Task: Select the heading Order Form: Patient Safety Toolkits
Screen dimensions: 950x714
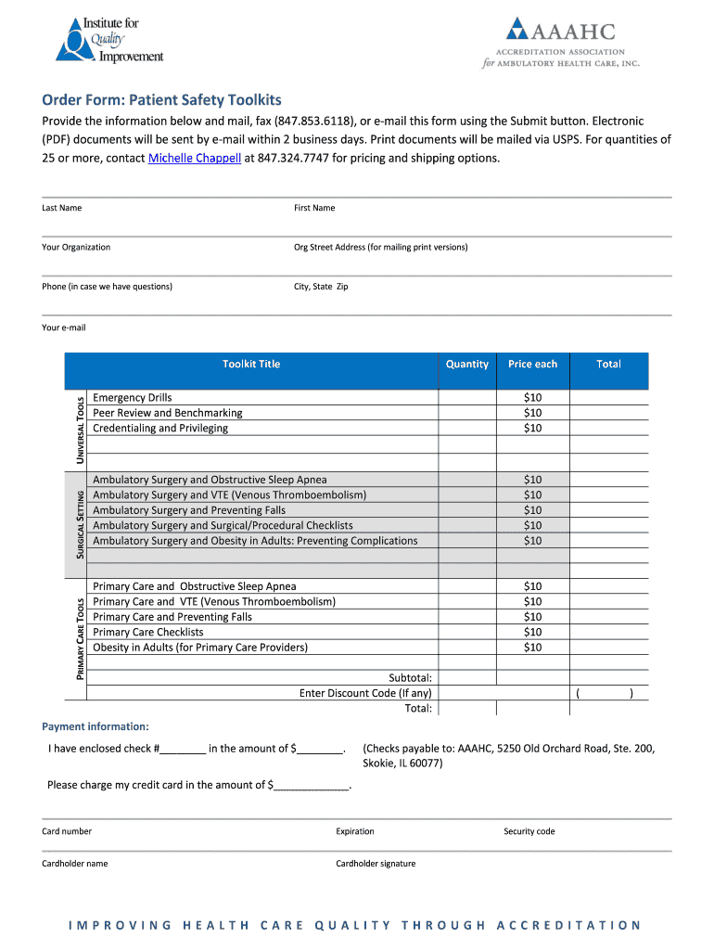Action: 161,100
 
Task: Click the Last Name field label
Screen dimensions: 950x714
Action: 61,208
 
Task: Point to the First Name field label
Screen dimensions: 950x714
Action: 314,208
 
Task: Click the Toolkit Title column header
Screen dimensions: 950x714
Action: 250,365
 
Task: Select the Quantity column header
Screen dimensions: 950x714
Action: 466,365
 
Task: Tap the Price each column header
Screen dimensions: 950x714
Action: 532,365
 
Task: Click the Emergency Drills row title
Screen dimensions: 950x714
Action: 133,398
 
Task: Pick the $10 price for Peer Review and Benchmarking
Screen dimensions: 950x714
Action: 532,413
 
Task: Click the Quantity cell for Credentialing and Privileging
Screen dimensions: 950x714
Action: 466,429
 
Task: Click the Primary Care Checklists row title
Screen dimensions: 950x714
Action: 148,633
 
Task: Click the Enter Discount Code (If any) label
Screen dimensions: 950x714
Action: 365,693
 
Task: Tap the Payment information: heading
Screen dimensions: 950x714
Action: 96,726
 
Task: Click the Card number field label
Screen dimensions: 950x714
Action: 67,831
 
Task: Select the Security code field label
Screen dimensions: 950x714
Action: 529,831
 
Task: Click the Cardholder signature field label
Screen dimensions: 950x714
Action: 376,864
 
